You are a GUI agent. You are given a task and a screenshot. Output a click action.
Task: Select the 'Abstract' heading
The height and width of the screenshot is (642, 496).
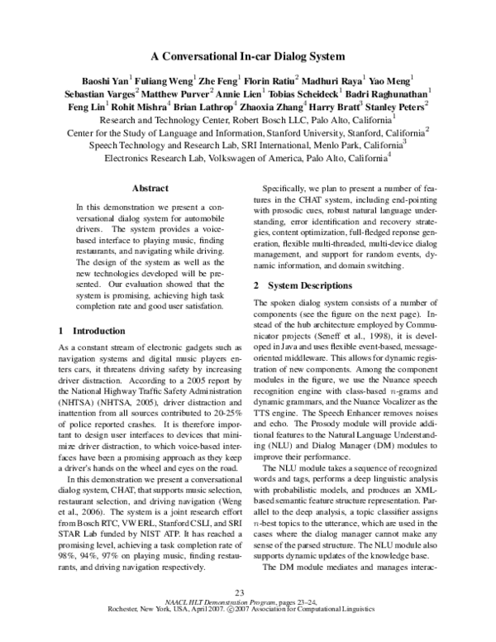[x=150, y=189]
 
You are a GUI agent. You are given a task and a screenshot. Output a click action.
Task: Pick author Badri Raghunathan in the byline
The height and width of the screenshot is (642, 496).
[x=401, y=93]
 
